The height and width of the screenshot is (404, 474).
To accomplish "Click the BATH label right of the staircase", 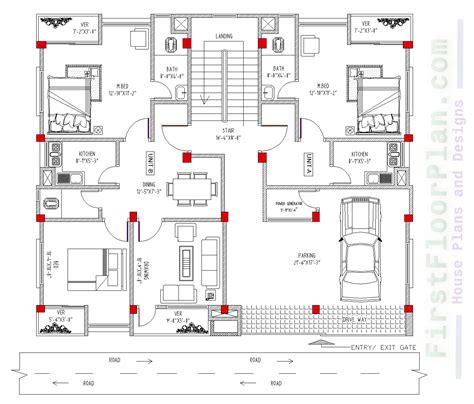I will [x=269, y=70].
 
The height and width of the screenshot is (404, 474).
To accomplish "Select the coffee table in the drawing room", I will [x=184, y=262].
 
